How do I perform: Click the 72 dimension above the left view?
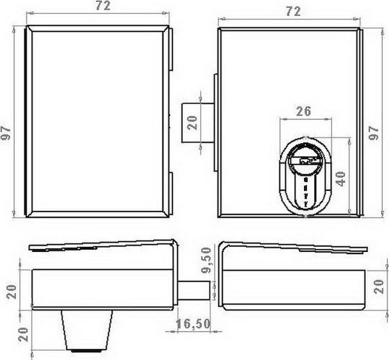(x=103, y=6)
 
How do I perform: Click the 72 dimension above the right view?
(x=293, y=12)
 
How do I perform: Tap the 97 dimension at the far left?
(x=6, y=133)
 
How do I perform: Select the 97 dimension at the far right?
(x=374, y=133)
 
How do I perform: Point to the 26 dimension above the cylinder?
(x=303, y=112)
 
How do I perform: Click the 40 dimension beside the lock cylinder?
(x=341, y=179)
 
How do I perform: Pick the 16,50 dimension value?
(x=193, y=324)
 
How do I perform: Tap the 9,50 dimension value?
(x=206, y=261)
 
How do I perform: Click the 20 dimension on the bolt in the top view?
(x=192, y=122)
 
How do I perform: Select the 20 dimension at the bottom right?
(x=379, y=287)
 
